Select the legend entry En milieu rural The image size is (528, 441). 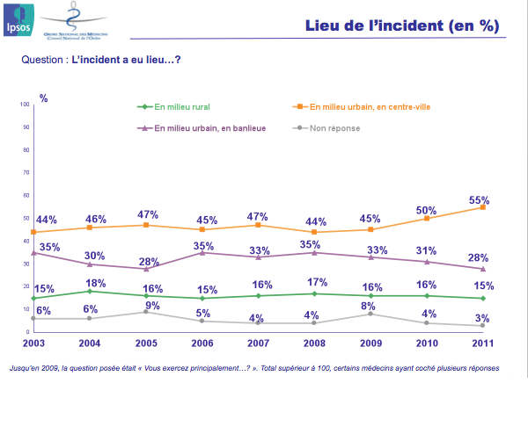click(176, 107)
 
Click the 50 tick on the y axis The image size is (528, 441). click(26, 218)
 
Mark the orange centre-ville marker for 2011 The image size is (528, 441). click(482, 207)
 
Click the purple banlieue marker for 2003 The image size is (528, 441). click(33, 253)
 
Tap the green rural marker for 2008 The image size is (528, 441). click(314, 293)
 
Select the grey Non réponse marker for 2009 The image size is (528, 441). click(370, 314)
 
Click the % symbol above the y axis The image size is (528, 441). click(44, 98)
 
